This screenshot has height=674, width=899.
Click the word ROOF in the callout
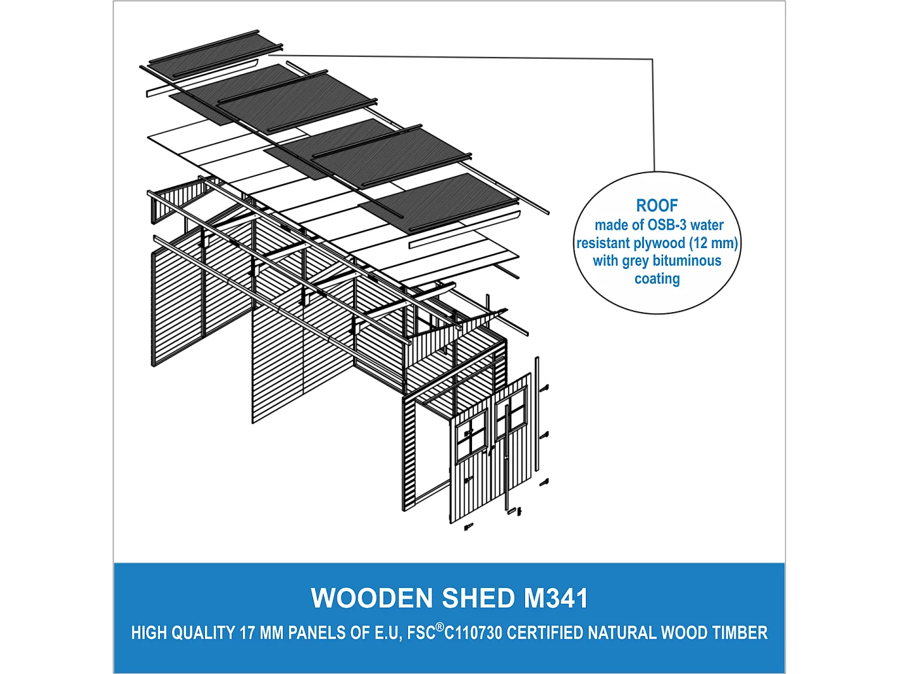657,206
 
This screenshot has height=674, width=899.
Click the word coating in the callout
657,279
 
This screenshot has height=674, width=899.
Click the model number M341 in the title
555,598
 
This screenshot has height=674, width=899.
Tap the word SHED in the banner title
478,598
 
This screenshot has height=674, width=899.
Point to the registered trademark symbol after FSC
440,627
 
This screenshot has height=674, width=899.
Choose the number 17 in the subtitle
247,633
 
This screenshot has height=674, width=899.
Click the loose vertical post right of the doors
537,415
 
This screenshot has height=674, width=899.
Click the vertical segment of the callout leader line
653,114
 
